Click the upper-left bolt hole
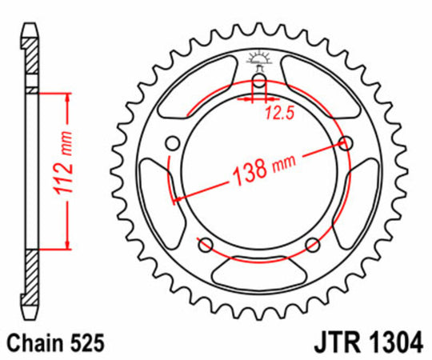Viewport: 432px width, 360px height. tap(171, 144)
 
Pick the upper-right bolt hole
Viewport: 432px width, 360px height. tap(346, 143)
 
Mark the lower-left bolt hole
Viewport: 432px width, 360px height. tap(205, 244)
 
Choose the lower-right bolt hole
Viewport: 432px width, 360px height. tap(312, 244)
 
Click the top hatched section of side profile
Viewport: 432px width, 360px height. tap(30, 60)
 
